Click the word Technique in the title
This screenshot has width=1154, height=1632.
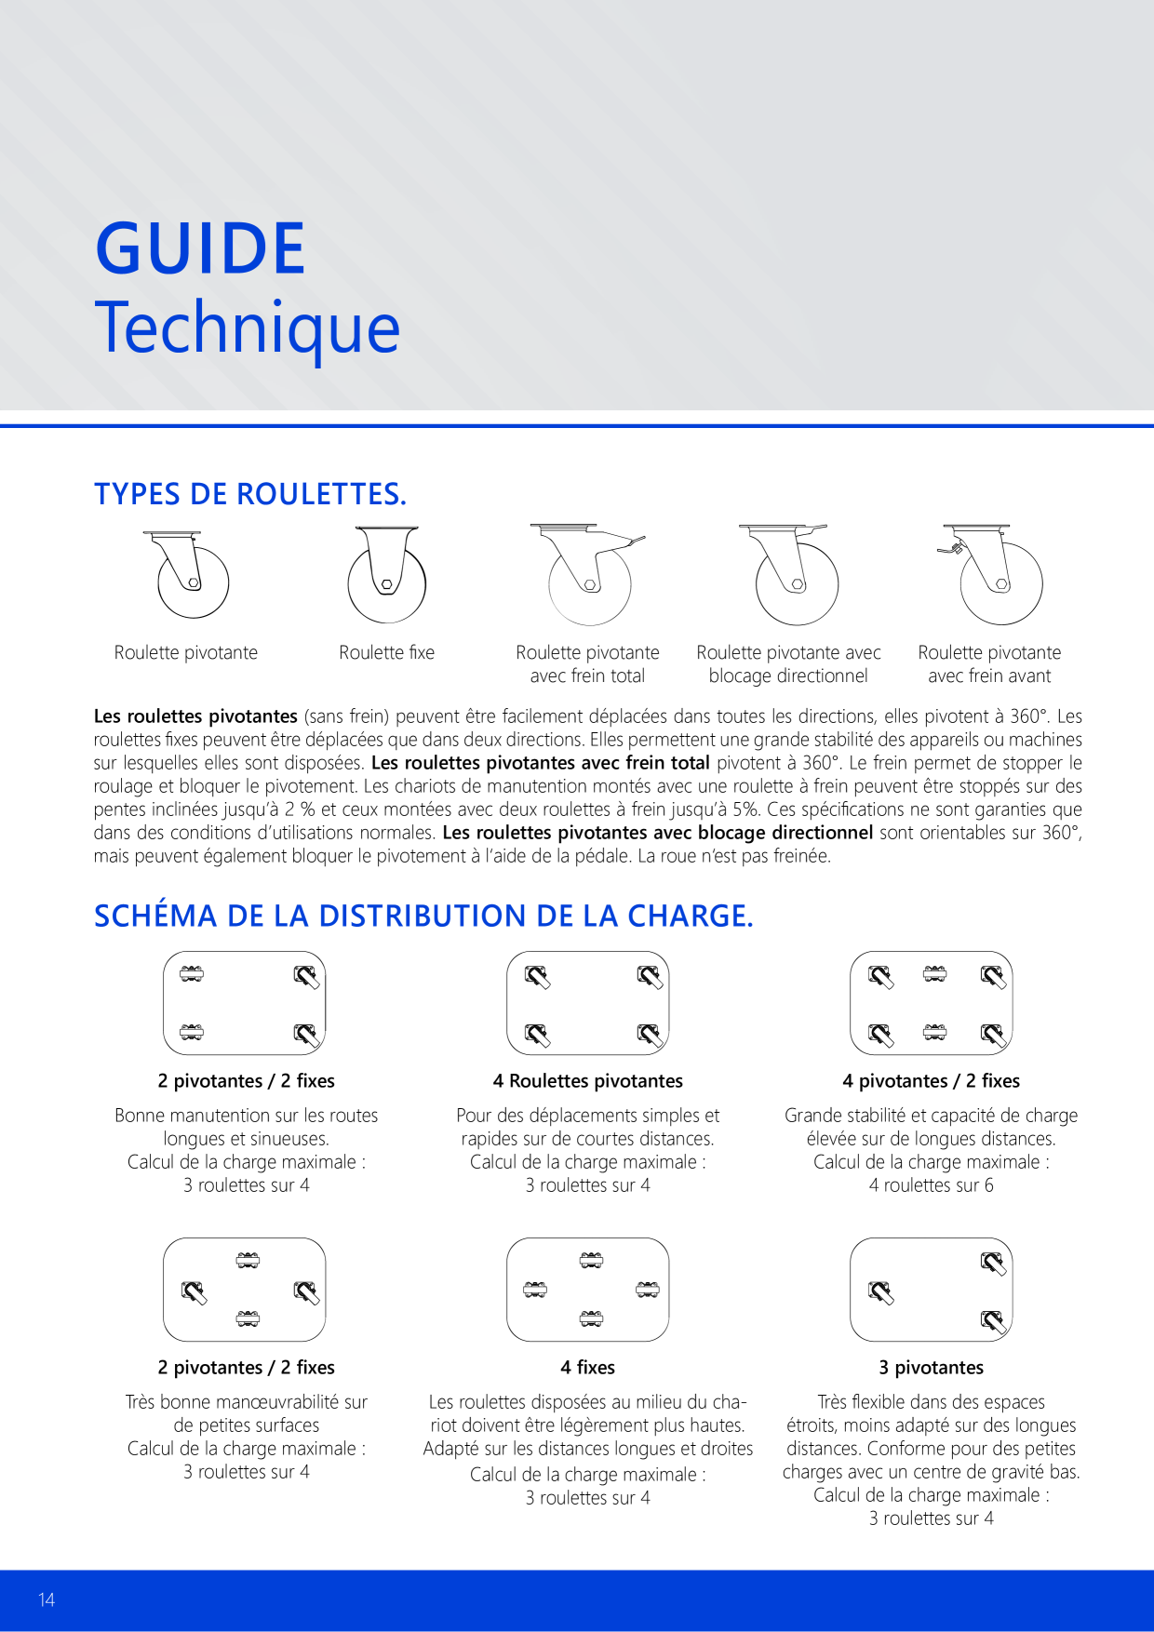click(248, 327)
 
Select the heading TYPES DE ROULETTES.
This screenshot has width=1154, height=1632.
click(250, 493)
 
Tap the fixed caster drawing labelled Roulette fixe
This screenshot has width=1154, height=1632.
click(387, 574)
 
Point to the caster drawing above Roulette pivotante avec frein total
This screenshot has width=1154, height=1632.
click(588, 574)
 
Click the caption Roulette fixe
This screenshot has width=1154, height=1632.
click(387, 652)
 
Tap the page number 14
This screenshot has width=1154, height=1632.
click(47, 1599)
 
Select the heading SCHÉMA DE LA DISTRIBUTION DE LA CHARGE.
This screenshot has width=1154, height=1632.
click(423, 916)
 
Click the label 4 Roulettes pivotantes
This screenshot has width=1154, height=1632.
click(588, 1080)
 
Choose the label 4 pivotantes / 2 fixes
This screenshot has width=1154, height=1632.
click(932, 1080)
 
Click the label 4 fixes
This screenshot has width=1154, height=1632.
click(588, 1367)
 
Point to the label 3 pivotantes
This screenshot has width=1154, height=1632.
click(932, 1367)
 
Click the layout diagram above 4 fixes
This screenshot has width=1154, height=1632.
click(588, 1290)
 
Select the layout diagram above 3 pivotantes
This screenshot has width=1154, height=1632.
click(932, 1290)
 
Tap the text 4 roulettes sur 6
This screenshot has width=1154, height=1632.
click(932, 1185)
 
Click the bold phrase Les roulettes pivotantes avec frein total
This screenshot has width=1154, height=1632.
click(541, 763)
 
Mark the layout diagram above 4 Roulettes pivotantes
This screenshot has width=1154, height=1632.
click(588, 1003)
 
